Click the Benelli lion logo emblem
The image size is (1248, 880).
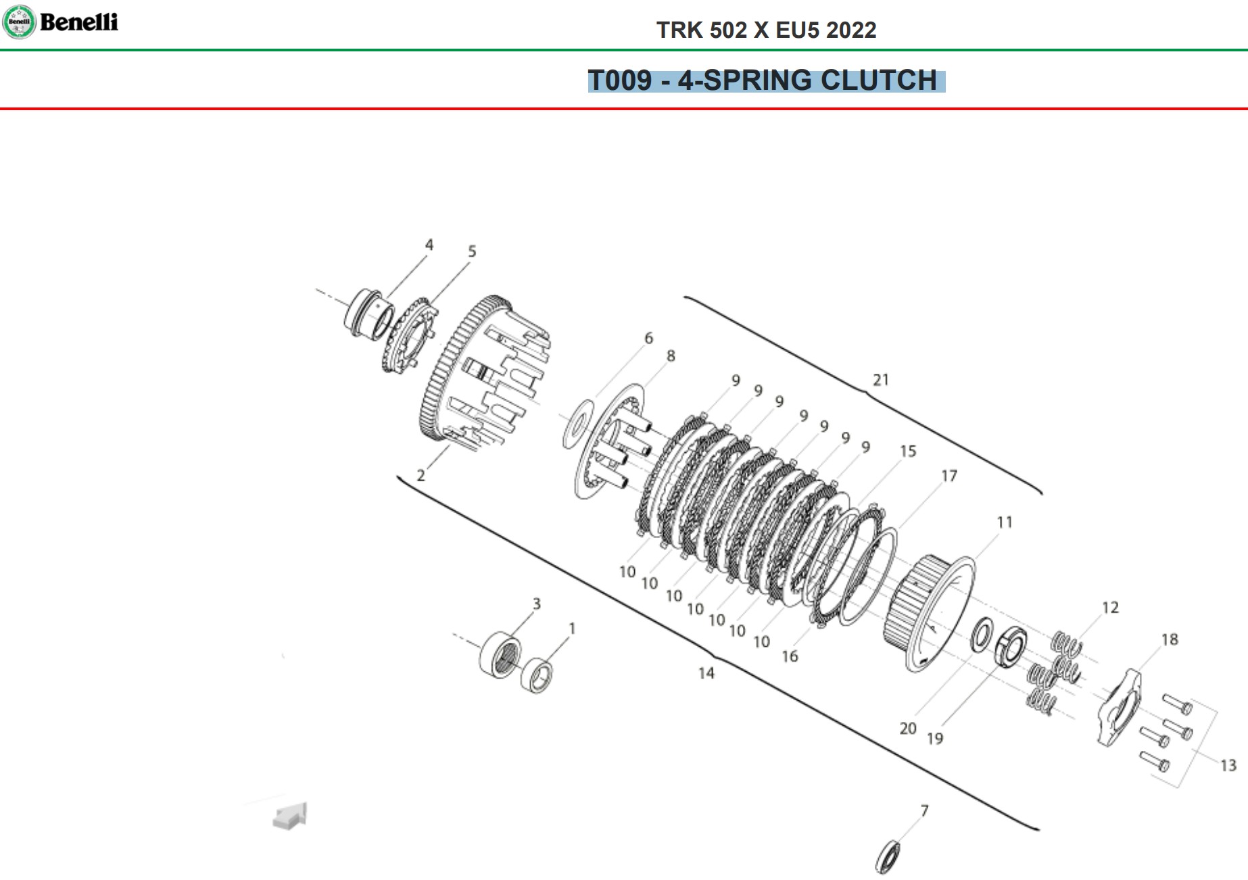19,22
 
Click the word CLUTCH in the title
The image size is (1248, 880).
879,80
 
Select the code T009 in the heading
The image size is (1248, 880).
620,80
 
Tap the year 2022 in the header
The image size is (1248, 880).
851,30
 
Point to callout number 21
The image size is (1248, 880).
880,380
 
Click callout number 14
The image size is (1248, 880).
706,673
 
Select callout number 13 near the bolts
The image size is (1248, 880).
1228,765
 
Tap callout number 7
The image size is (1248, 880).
924,810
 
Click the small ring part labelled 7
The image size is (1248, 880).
888,856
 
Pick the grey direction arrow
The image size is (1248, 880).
290,815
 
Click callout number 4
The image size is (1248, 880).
429,245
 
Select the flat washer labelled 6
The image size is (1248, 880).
578,424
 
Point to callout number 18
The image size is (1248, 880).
1170,639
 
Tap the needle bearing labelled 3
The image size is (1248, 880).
501,654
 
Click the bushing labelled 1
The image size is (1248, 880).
537,675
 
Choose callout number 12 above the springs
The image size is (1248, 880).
1110,608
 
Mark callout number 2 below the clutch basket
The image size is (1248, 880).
421,475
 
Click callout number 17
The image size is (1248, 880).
949,476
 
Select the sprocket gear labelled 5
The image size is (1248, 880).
410,335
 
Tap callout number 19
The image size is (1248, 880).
935,738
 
